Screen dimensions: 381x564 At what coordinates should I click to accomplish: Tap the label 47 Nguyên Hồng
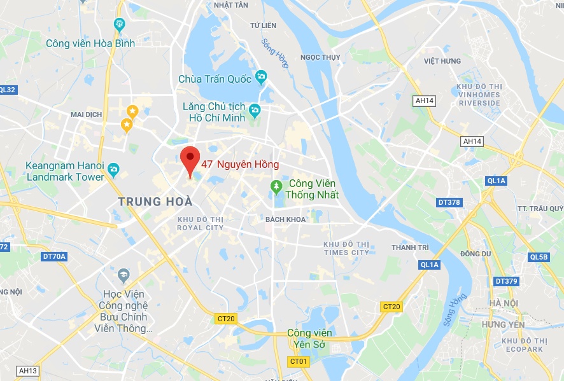pyautogui.click(x=240, y=164)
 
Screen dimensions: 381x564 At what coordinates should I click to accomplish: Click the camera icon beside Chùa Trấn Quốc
pyautogui.click(x=260, y=78)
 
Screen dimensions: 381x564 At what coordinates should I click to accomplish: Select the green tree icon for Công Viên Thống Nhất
pyautogui.click(x=276, y=186)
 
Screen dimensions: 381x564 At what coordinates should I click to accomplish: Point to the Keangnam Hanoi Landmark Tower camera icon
pyautogui.click(x=113, y=169)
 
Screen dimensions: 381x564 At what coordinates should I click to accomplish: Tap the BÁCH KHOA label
pyautogui.click(x=286, y=219)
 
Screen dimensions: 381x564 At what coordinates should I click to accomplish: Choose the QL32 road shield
pyautogui.click(x=8, y=90)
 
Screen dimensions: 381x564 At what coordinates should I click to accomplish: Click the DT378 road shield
pyautogui.click(x=449, y=202)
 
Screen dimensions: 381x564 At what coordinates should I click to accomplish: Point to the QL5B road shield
pyautogui.click(x=538, y=257)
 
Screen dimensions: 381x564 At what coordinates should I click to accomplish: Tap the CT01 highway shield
pyautogui.click(x=299, y=361)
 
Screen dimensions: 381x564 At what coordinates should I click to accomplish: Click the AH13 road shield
pyautogui.click(x=28, y=371)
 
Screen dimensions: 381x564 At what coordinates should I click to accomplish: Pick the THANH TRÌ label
pyautogui.click(x=408, y=247)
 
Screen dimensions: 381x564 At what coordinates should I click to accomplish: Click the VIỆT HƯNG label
pyautogui.click(x=442, y=61)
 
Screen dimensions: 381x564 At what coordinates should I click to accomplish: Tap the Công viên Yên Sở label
pyautogui.click(x=309, y=338)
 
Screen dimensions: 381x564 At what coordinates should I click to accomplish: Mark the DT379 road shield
pyautogui.click(x=506, y=281)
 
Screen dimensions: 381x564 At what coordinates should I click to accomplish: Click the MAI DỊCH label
pyautogui.click(x=86, y=114)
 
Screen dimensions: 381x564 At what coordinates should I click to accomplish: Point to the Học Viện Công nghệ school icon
pyautogui.click(x=123, y=275)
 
